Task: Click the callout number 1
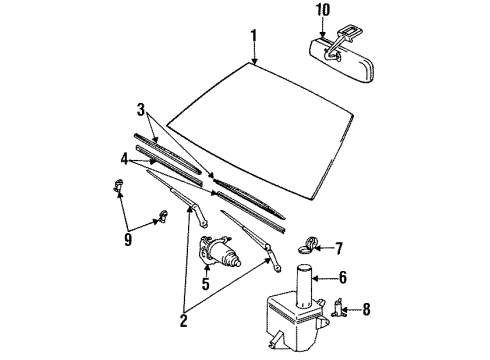tap(254, 35)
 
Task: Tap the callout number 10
tap(323, 9)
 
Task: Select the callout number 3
tap(141, 109)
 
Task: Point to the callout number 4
tap(124, 160)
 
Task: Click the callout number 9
tap(128, 239)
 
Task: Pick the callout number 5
tap(206, 283)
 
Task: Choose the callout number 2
tap(183, 320)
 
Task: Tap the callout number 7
tap(339, 248)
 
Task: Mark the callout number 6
tap(343, 277)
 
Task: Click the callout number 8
tap(366, 309)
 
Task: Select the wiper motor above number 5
tap(219, 252)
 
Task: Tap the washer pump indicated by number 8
tap(339, 308)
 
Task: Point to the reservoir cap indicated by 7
tap(306, 244)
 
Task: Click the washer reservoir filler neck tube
tap(304, 286)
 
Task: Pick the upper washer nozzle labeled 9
tap(118, 185)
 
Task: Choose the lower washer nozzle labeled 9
tap(163, 216)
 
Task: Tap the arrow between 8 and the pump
tap(353, 309)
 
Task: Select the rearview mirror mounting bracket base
tap(348, 34)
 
